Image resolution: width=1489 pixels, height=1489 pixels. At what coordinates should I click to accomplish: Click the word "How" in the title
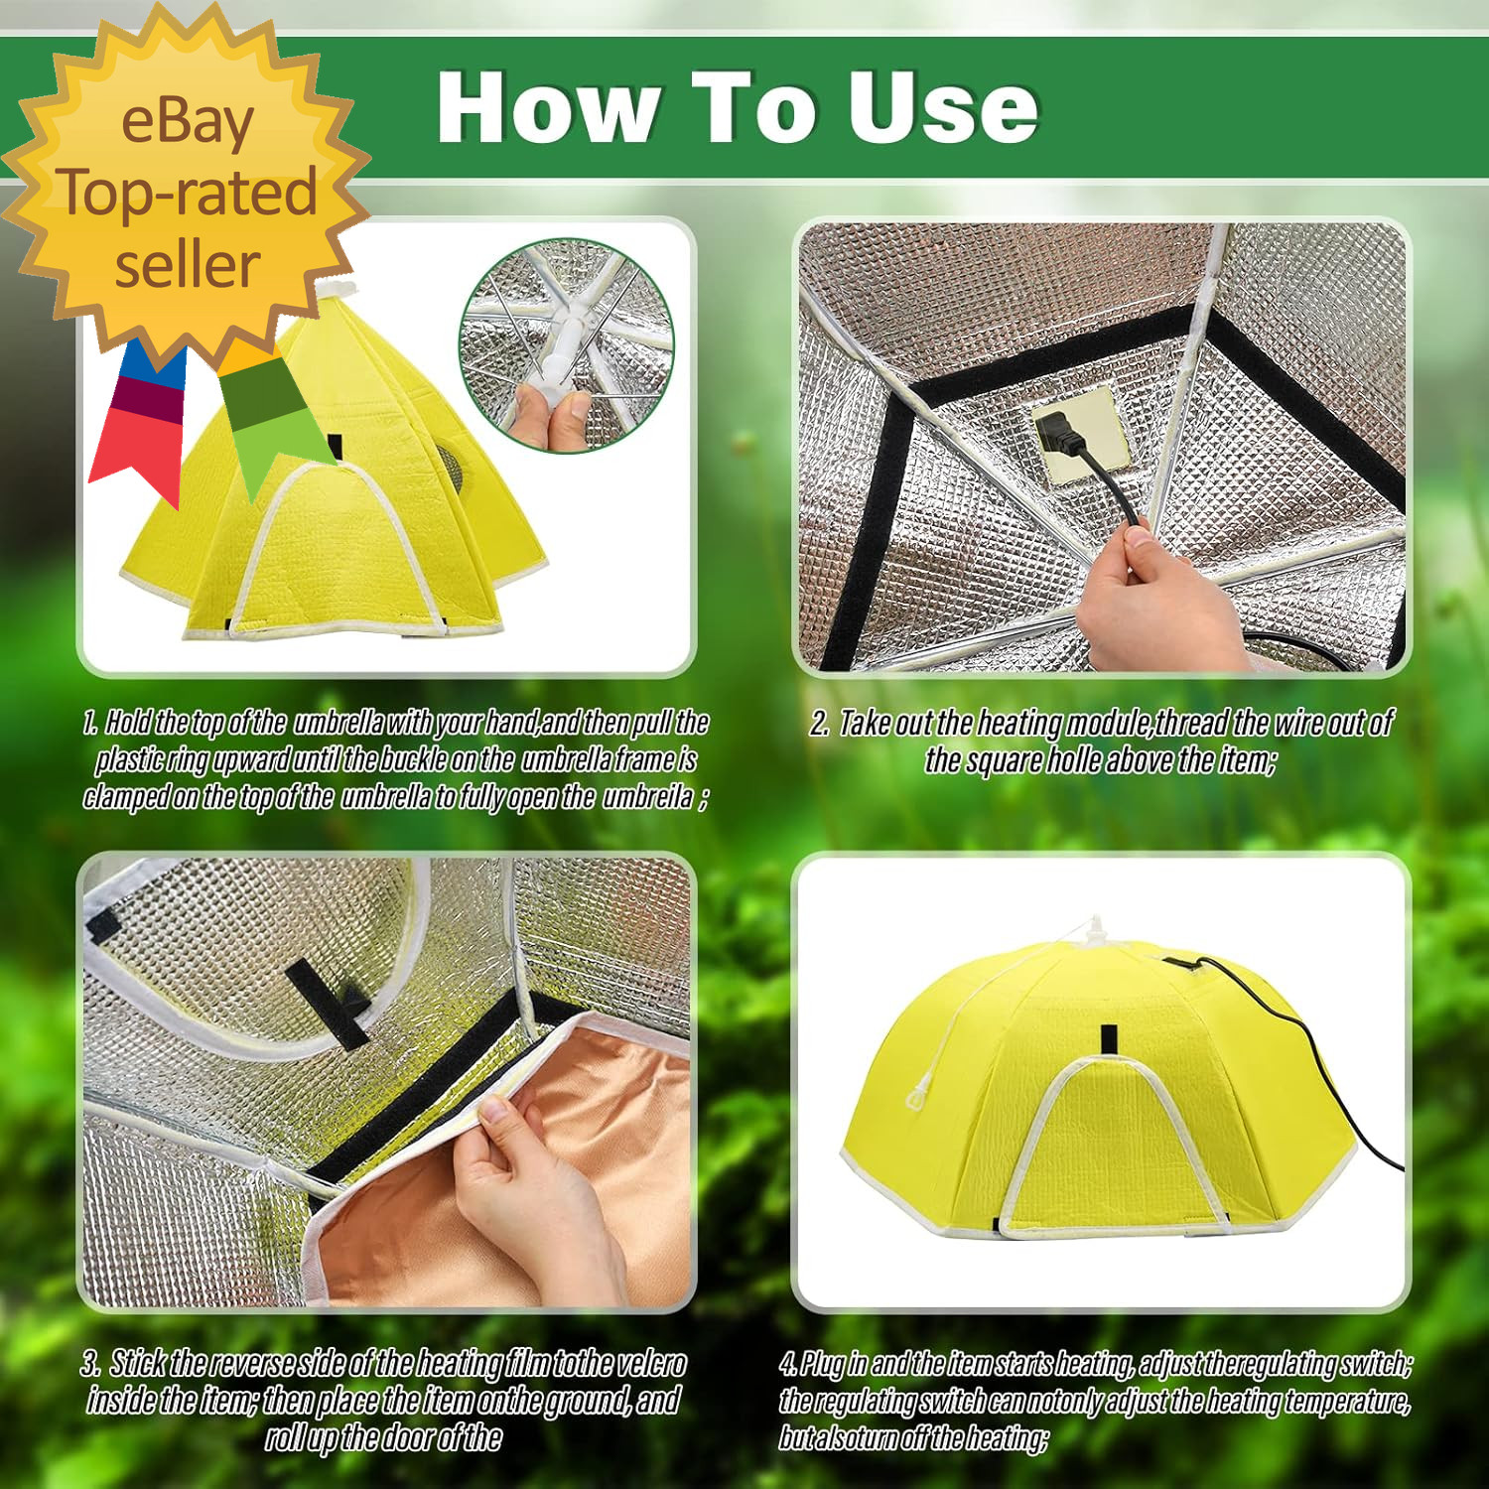point(548,107)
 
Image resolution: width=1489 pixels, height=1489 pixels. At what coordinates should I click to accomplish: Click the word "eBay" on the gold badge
point(187,123)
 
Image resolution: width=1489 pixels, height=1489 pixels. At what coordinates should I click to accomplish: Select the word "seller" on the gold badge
point(187,265)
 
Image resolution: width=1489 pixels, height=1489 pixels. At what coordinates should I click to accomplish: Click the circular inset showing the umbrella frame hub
point(566,345)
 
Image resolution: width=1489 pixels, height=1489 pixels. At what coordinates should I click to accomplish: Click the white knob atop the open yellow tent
point(1095,929)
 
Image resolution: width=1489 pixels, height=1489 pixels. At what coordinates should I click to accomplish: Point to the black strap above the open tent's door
point(1109,1039)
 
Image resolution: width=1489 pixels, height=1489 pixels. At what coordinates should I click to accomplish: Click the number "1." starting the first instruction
point(90,722)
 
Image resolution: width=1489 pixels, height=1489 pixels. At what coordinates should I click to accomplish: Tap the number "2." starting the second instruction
point(820,723)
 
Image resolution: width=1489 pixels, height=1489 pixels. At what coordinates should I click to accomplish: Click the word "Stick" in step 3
point(138,1363)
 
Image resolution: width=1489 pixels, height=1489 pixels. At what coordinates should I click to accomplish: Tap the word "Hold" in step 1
point(128,722)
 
